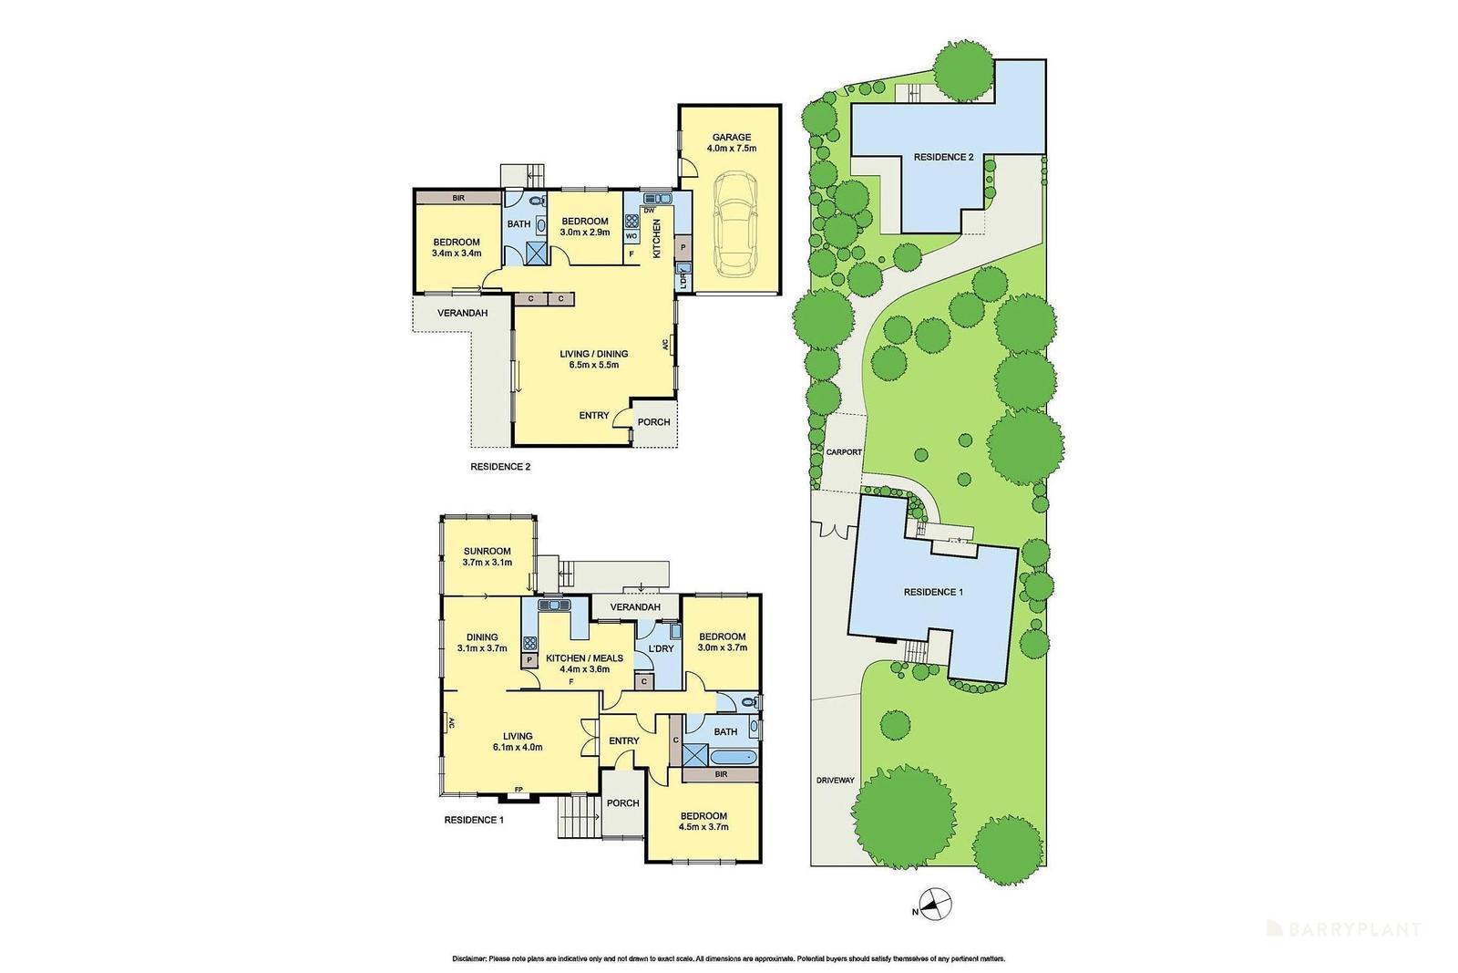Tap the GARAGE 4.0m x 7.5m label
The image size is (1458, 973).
pos(731,143)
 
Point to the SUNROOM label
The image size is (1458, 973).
pos(487,551)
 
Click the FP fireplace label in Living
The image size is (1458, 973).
pos(519,790)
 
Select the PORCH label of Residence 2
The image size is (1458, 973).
pos(653,422)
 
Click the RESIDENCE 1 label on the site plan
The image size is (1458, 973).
pos(933,592)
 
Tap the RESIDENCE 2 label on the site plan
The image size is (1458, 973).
pos(943,157)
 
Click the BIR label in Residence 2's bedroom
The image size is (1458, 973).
pos(457,196)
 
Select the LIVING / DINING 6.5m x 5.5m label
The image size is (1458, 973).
pos(593,359)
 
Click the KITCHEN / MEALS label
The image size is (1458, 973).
pos(584,658)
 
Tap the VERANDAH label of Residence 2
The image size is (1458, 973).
pos(462,314)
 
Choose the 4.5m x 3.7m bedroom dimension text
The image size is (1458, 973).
pos(703,828)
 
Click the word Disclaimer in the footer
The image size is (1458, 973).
pos(469,958)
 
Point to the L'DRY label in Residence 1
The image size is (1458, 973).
pos(660,648)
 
